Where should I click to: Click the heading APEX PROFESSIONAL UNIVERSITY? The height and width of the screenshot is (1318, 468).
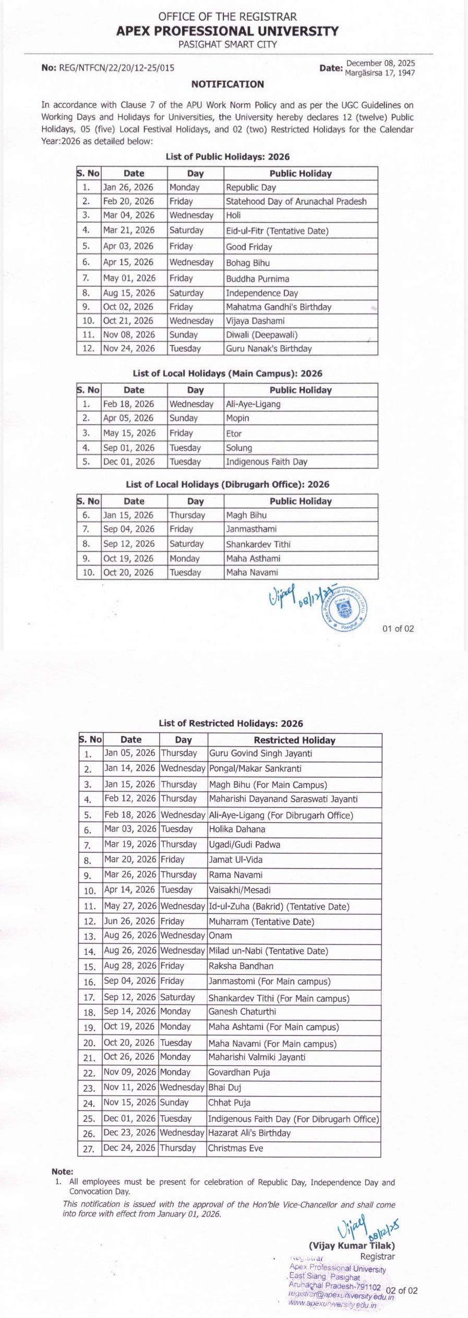tap(227, 31)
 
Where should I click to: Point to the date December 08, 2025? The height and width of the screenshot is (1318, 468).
tap(381, 64)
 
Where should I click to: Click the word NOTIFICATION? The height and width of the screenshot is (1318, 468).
tap(227, 84)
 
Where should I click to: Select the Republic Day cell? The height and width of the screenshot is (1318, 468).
tap(251, 188)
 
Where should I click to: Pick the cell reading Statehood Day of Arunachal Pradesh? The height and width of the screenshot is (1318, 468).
tap(296, 201)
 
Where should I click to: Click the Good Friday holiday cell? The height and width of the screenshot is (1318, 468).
tap(249, 247)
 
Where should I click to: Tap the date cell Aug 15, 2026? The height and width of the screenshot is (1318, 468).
tap(129, 293)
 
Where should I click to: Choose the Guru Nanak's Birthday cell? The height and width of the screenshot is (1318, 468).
tap(269, 349)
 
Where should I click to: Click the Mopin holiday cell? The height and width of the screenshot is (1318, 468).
tap(237, 418)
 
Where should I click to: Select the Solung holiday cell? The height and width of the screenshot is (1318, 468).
tap(239, 448)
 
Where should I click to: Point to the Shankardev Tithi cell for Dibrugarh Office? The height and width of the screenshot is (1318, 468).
tap(258, 544)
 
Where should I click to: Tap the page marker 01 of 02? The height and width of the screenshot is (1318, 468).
tap(398, 629)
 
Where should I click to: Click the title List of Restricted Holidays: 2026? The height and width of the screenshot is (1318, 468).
tap(231, 724)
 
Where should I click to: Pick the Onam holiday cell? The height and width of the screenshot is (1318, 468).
tap(221, 936)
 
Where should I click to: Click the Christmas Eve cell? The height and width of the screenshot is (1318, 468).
tap(236, 1148)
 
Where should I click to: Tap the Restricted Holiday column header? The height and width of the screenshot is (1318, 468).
tap(294, 740)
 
